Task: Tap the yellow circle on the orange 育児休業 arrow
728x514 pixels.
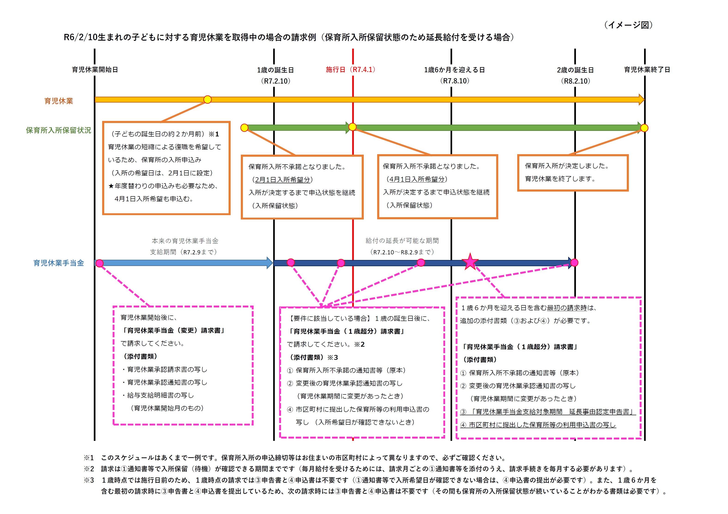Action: [x=207, y=99]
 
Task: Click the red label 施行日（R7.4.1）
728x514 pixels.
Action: [x=350, y=69]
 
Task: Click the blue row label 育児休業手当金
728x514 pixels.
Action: [x=59, y=263]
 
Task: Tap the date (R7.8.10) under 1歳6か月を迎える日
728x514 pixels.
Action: [x=454, y=81]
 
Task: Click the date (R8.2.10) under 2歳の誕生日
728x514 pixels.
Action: [x=575, y=81]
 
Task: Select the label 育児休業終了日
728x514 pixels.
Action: [x=647, y=70]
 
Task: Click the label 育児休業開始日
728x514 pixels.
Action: [x=95, y=70]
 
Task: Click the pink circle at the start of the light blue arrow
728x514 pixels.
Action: [x=100, y=263]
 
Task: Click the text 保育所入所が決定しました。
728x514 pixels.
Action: [x=567, y=166]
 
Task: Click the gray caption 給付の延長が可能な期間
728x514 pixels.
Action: [x=402, y=241]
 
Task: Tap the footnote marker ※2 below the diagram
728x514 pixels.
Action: [x=89, y=469]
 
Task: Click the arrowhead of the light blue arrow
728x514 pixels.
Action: [x=270, y=263]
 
